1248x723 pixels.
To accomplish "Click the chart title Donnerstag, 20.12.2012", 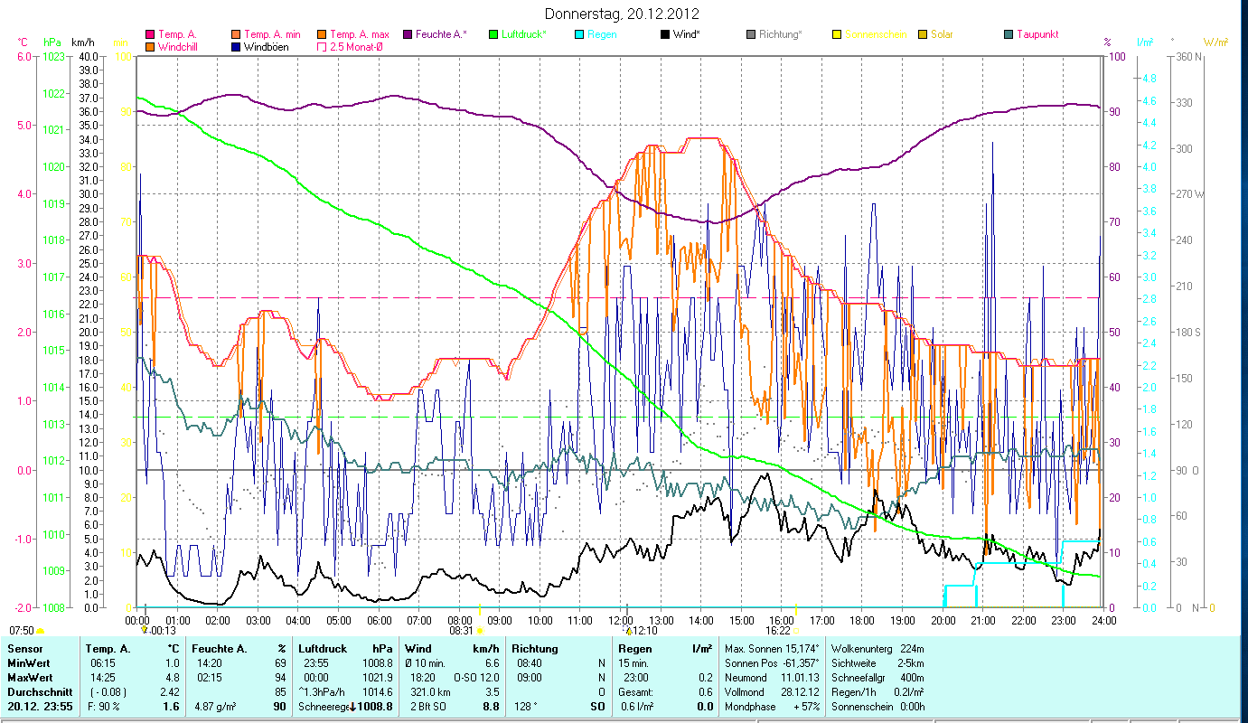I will [623, 14].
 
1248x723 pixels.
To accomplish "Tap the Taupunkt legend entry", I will [1037, 34].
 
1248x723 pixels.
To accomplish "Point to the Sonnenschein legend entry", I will [876, 34].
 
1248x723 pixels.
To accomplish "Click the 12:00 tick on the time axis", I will [620, 620].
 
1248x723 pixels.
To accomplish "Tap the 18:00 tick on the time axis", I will [861, 620].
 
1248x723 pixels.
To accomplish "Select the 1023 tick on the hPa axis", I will [54, 56].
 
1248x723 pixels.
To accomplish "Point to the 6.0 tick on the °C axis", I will [23, 56].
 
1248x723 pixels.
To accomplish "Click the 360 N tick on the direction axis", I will [1186, 56].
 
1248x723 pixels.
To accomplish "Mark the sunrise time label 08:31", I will [461, 631].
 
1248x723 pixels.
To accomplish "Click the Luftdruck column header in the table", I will [319, 649].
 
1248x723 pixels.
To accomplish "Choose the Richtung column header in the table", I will [535, 649].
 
